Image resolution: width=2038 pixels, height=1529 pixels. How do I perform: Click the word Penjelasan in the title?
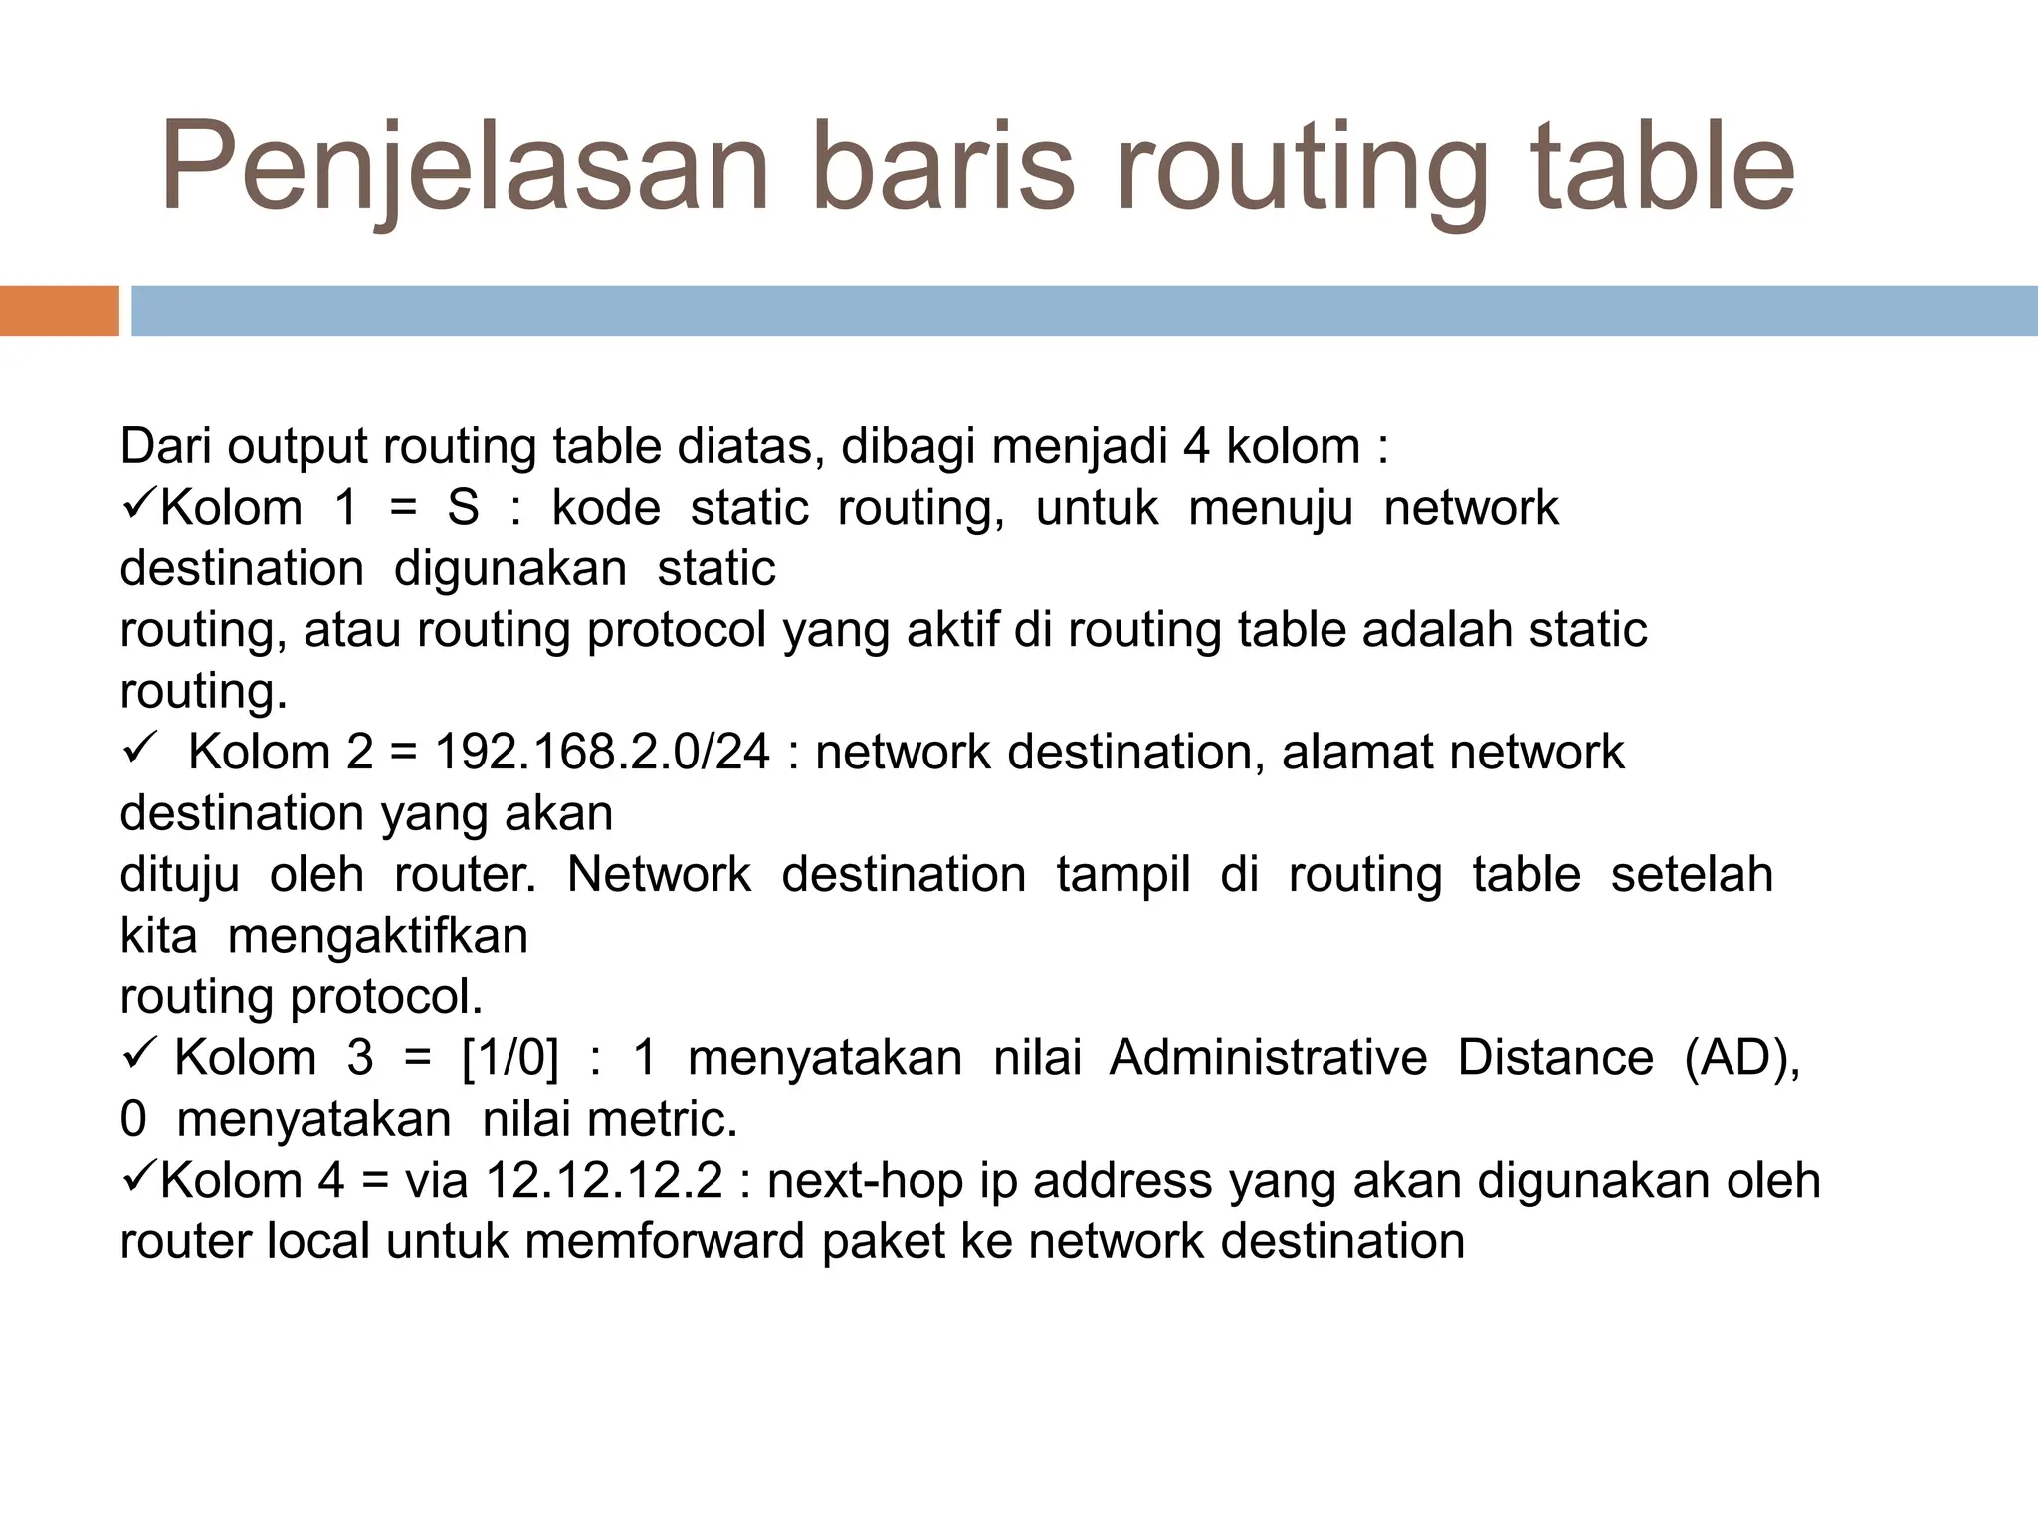[464, 167]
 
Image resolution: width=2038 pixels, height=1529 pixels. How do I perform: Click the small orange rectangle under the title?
[59, 311]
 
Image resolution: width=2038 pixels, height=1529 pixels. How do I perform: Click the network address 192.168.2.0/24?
[602, 752]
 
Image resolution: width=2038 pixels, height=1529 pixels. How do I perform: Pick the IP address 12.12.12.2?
[604, 1181]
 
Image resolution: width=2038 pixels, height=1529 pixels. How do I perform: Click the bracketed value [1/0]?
[510, 1058]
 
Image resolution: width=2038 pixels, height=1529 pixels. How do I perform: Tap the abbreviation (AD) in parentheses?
[1741, 1058]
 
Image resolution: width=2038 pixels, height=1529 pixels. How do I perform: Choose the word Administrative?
[1268, 1058]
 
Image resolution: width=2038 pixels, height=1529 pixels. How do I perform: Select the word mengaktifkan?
[378, 936]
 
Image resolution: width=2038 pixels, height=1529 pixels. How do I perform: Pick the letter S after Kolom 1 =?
[463, 508]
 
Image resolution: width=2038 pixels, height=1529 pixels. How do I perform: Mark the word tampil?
[1123, 875]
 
